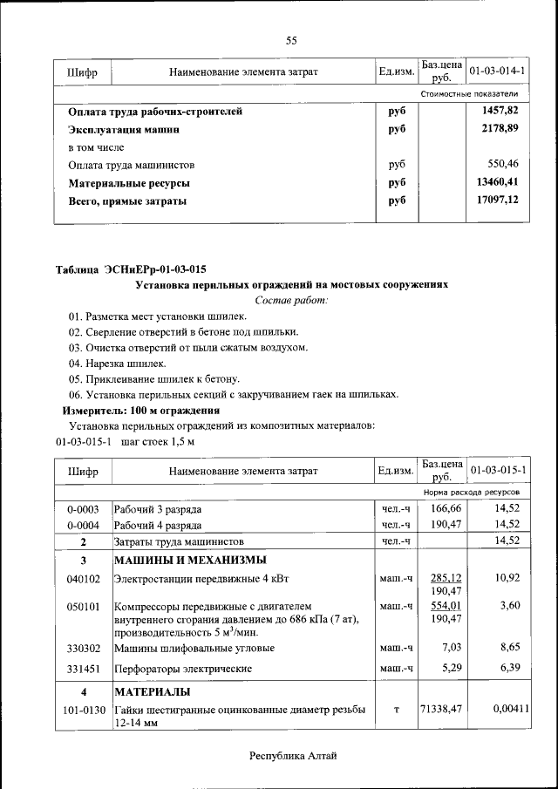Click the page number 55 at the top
tap(291, 40)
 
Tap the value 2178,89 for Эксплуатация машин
tap(499, 129)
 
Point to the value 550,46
tap(502, 164)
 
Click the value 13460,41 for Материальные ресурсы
tap(496, 183)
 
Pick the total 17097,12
tap(496, 201)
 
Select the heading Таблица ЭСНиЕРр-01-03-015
tap(131, 269)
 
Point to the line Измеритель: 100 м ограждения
tap(140, 410)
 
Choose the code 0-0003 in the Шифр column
tap(83, 508)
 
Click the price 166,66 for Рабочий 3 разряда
tap(446, 508)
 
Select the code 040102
tap(83, 578)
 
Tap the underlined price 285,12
tap(446, 578)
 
